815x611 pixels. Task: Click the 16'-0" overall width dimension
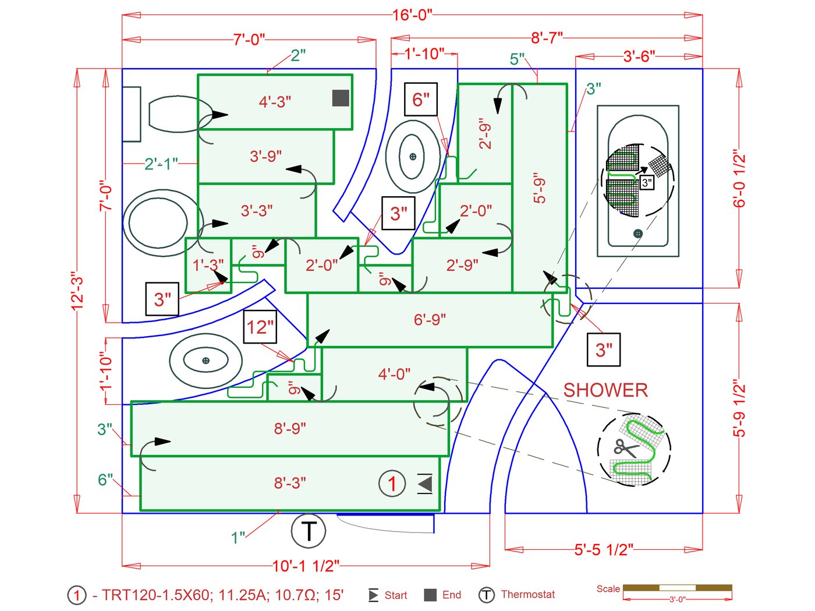click(412, 15)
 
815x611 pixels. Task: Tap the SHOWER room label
click(605, 390)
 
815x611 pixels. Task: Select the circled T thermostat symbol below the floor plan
click(308, 531)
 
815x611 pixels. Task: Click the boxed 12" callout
click(260, 327)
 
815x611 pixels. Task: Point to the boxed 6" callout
click(420, 100)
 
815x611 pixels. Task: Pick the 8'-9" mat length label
click(290, 429)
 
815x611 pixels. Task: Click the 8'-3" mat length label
click(290, 483)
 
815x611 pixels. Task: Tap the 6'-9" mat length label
click(430, 320)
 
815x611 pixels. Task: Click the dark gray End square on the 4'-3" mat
click(341, 98)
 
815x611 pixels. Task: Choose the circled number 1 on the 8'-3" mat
click(392, 483)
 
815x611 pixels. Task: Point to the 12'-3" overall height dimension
click(77, 291)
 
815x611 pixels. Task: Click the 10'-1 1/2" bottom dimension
click(306, 566)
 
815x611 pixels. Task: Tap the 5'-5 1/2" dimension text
click(604, 550)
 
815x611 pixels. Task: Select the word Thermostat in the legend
click(527, 595)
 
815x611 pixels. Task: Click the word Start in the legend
click(396, 595)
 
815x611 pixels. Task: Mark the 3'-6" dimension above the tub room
click(639, 56)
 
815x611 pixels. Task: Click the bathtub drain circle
click(638, 234)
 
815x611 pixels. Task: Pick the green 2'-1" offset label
click(161, 164)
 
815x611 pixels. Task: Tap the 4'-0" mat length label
click(394, 374)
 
